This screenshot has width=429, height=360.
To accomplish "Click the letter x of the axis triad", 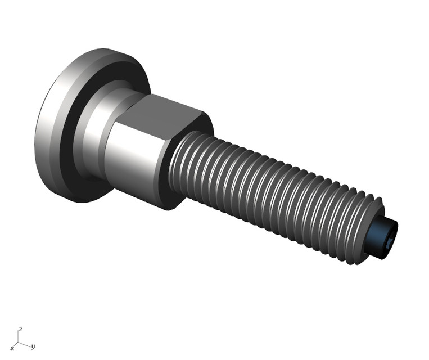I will click(x=12, y=349).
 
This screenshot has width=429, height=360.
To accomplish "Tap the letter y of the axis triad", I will click(x=33, y=346).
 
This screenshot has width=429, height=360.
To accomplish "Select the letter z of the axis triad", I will click(x=21, y=328).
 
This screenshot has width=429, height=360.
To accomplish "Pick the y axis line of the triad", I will click(x=26, y=344).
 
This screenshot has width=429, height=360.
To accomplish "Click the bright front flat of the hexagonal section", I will click(x=135, y=155).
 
